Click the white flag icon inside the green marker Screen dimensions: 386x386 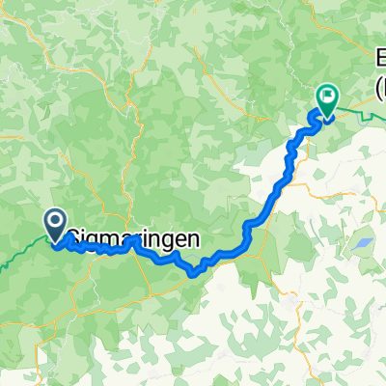328,96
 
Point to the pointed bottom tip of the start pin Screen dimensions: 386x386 54,239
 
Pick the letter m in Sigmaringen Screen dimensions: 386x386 107,234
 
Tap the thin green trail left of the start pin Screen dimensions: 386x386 19,253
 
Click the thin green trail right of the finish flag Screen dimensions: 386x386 362,117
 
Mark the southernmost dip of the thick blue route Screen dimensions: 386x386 194,272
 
